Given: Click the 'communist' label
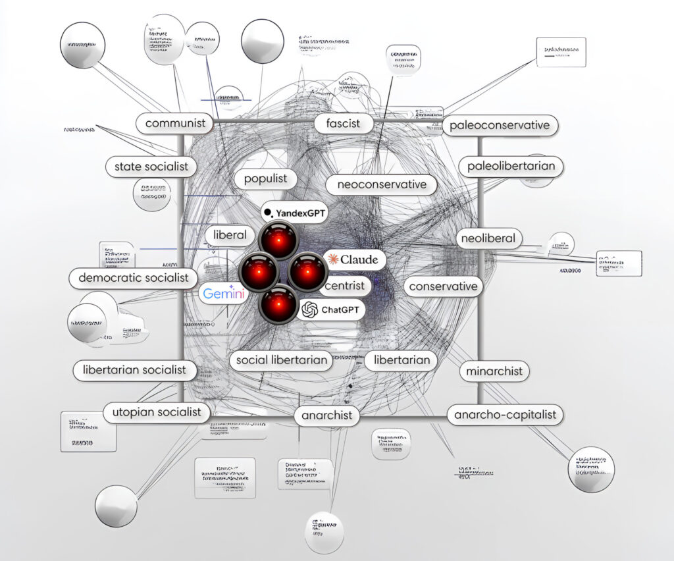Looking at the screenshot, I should (x=175, y=122).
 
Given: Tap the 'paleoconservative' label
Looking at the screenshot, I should (x=500, y=125).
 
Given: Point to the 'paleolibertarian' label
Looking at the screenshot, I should (x=511, y=166).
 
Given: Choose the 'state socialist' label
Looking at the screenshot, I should (x=151, y=167).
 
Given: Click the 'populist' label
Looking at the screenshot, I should (x=265, y=178).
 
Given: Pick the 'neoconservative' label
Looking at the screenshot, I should (x=382, y=184).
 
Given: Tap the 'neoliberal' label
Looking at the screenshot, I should (x=488, y=238).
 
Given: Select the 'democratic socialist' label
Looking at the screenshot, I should (x=134, y=277).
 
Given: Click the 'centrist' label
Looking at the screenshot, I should (x=345, y=286).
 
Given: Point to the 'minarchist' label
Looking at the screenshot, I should (x=494, y=371).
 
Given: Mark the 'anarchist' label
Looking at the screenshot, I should (x=327, y=415).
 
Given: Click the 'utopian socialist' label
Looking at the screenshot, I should (x=156, y=412).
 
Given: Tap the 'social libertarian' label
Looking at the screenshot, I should (x=281, y=360).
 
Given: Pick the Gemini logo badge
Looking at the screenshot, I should (x=224, y=294).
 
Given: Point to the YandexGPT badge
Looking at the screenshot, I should (x=294, y=212).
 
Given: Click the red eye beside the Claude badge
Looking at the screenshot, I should (x=307, y=273).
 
